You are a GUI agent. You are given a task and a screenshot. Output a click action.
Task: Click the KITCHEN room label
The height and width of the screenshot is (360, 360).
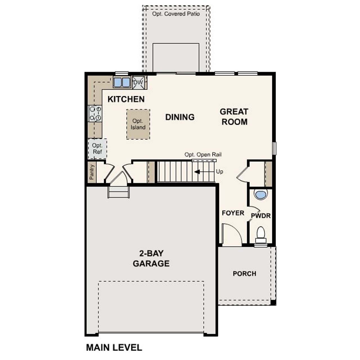[x=126, y=99]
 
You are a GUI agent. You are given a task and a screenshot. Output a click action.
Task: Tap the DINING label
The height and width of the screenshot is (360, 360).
[x=180, y=117]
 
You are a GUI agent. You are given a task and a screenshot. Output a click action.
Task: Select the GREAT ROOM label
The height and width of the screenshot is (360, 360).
[x=234, y=117]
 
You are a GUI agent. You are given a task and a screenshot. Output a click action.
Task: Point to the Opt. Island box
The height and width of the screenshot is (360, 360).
[x=138, y=124]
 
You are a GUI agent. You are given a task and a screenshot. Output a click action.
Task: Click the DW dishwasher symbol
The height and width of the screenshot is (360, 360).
[x=138, y=83]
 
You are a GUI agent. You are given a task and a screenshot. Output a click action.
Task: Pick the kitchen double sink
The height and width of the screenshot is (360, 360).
[x=122, y=82]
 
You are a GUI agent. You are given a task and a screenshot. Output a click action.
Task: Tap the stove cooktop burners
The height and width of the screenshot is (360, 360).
[x=95, y=113]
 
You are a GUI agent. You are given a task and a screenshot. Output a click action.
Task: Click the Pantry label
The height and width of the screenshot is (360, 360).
[x=92, y=172]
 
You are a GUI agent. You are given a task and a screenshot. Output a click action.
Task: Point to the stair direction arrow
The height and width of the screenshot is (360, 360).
[x=197, y=172]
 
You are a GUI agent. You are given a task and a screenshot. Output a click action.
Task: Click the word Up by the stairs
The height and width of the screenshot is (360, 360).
[x=220, y=172]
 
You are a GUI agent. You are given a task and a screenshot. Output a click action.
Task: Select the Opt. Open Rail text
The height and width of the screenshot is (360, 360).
[x=203, y=155]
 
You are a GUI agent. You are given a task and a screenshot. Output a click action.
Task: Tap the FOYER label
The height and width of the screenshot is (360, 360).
[x=233, y=213]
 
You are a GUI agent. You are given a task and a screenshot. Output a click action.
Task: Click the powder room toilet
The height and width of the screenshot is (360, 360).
[x=261, y=234]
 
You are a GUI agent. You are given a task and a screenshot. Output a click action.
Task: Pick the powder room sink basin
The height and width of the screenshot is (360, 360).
[x=260, y=194]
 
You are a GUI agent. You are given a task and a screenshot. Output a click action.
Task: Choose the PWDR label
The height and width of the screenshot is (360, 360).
[x=261, y=216]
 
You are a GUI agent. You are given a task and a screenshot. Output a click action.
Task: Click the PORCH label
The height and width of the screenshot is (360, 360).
[x=244, y=274]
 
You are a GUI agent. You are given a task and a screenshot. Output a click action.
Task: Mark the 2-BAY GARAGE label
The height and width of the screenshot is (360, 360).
[x=151, y=258]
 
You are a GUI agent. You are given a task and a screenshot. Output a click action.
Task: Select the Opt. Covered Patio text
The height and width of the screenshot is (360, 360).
[x=176, y=14]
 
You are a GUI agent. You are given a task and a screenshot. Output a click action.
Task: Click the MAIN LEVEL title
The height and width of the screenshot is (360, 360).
[x=114, y=348]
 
